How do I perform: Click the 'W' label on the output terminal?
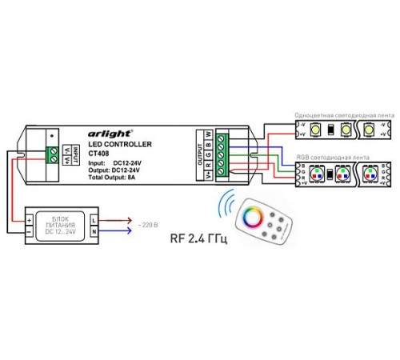208,134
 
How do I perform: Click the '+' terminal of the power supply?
29,217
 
